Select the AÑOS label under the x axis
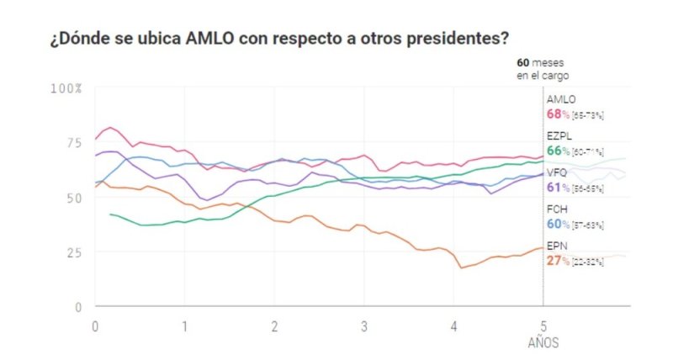tap(543, 343)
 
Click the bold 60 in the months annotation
tap(522, 62)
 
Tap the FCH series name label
tap(558, 209)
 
